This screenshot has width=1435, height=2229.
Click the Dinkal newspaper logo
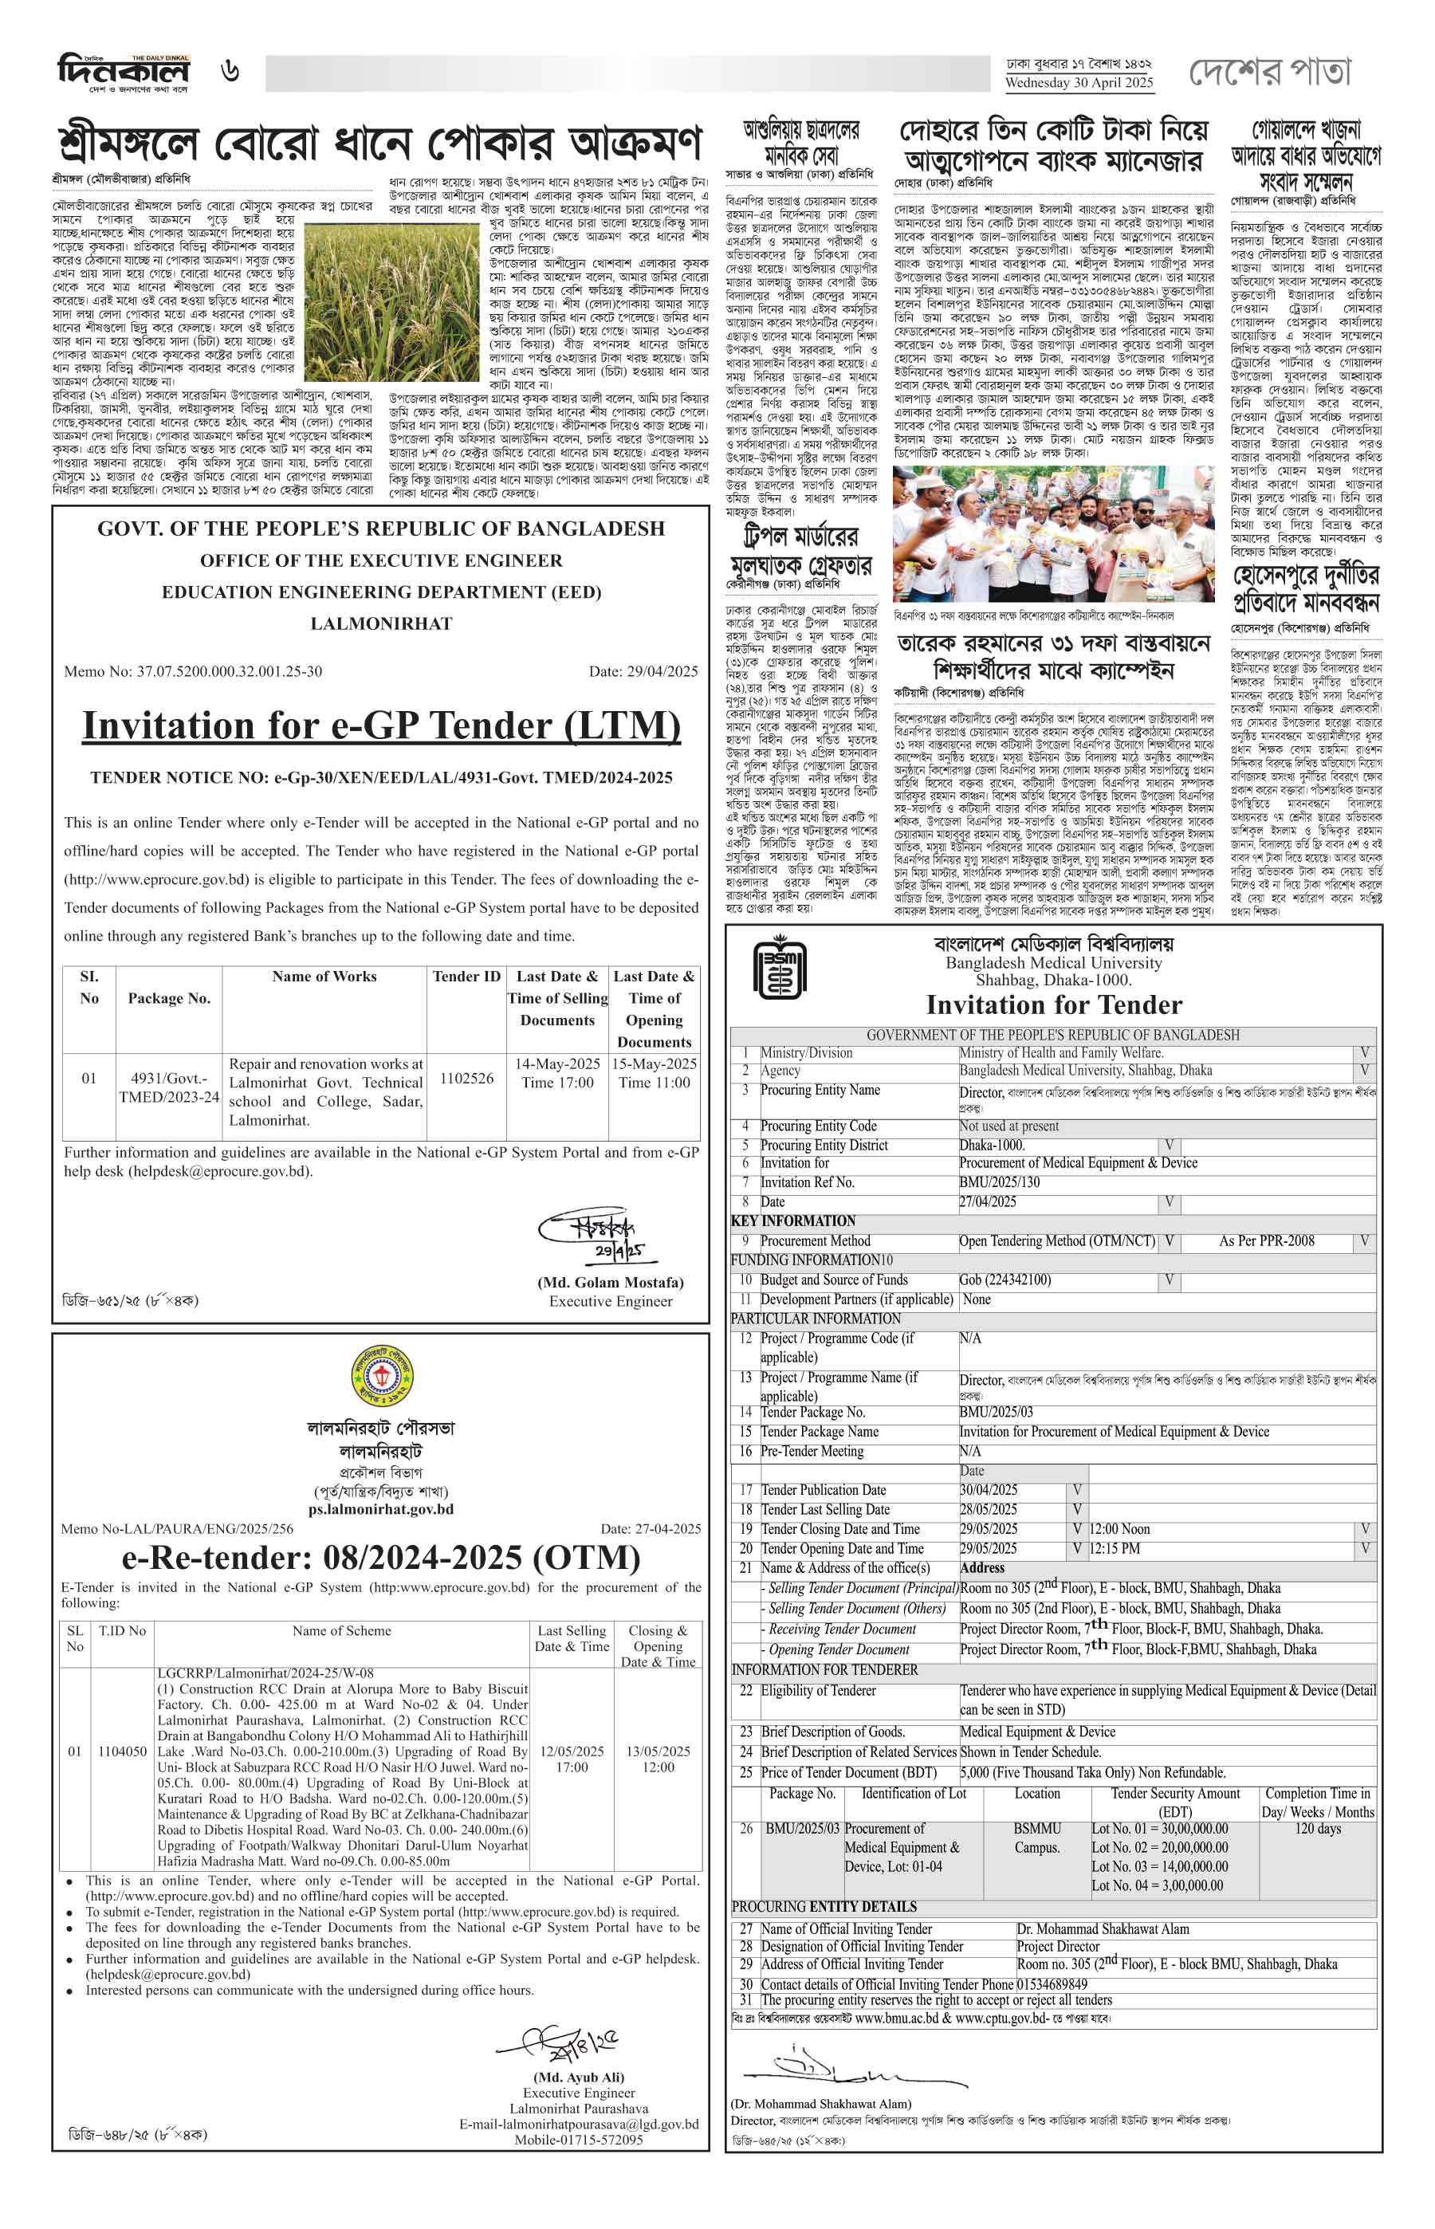[123, 73]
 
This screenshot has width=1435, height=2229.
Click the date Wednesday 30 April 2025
[1078, 82]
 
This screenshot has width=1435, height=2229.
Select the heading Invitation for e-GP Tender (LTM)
[381, 725]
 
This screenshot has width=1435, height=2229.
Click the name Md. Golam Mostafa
[611, 1281]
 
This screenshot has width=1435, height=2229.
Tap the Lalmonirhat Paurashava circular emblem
[381, 1376]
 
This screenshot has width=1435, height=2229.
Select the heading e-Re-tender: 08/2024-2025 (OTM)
[381, 1557]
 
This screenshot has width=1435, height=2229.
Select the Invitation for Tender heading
[1053, 1004]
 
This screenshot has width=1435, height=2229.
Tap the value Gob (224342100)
[1005, 1280]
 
